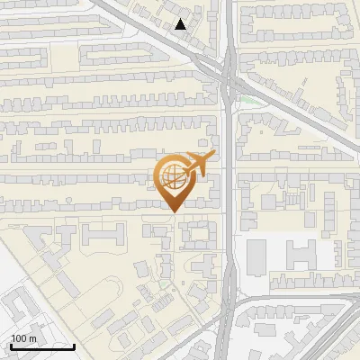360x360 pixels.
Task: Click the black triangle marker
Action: click(181, 24)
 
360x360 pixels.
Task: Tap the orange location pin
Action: click(176, 181)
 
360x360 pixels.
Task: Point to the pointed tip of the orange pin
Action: click(173, 211)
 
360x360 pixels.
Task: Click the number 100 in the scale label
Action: click(19, 338)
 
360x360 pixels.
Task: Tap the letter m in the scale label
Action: click(32, 338)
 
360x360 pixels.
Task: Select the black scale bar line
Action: click(41, 346)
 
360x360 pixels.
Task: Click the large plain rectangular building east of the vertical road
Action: click(256, 257)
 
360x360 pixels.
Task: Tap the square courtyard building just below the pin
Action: click(197, 235)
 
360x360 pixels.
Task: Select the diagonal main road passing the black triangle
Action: click(153, 40)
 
